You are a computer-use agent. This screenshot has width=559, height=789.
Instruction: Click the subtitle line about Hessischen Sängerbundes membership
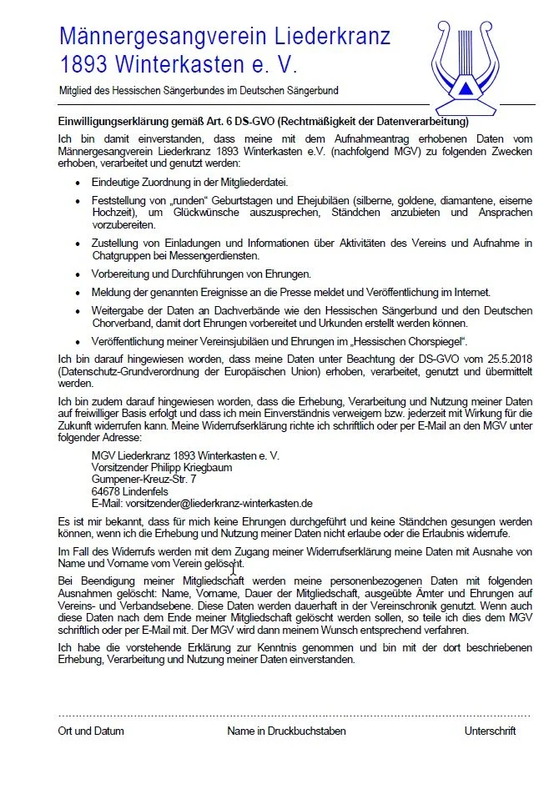click(198, 90)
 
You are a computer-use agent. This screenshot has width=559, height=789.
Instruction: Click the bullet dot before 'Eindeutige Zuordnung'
click(78, 181)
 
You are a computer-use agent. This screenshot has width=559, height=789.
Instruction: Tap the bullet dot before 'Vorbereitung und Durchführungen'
click(78, 274)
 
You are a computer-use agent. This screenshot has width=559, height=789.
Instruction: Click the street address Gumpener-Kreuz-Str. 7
click(144, 480)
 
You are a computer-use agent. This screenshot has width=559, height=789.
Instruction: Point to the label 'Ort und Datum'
click(91, 731)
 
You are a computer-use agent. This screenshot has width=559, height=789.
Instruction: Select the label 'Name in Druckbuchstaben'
click(286, 731)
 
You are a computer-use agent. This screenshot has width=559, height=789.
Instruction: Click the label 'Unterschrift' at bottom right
click(491, 731)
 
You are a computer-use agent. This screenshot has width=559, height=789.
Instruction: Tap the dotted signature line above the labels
click(294, 716)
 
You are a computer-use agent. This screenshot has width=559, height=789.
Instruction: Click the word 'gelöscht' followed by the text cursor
click(212, 565)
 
